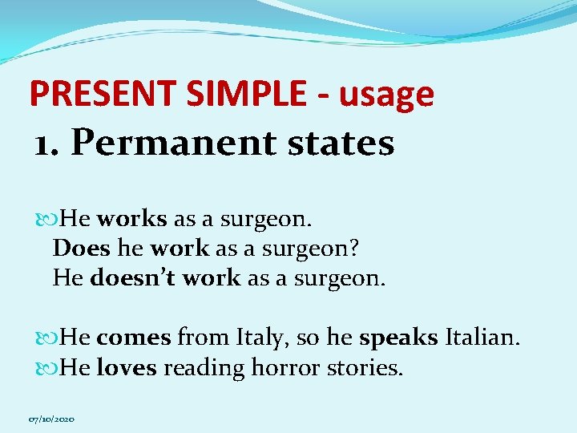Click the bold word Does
81,248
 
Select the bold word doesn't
133,277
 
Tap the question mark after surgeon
353,248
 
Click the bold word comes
134,338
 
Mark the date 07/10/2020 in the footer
52,419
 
